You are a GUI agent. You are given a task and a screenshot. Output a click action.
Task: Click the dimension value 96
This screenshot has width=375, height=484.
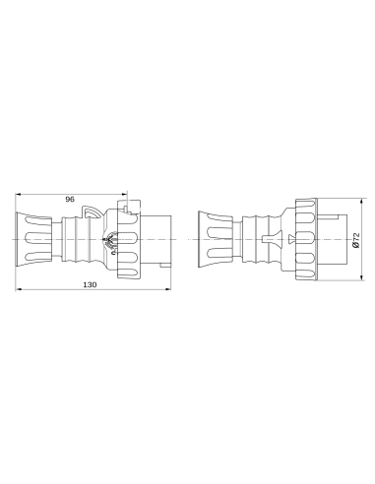(x=70, y=199)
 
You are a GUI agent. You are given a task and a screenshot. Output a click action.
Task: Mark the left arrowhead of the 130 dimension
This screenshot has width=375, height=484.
(x=21, y=291)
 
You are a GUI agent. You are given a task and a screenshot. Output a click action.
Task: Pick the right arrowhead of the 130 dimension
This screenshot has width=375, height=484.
(x=172, y=291)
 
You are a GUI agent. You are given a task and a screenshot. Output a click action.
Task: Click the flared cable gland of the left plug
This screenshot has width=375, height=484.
(x=32, y=240)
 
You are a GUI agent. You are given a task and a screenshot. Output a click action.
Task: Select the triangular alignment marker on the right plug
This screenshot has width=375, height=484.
(x=290, y=239)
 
